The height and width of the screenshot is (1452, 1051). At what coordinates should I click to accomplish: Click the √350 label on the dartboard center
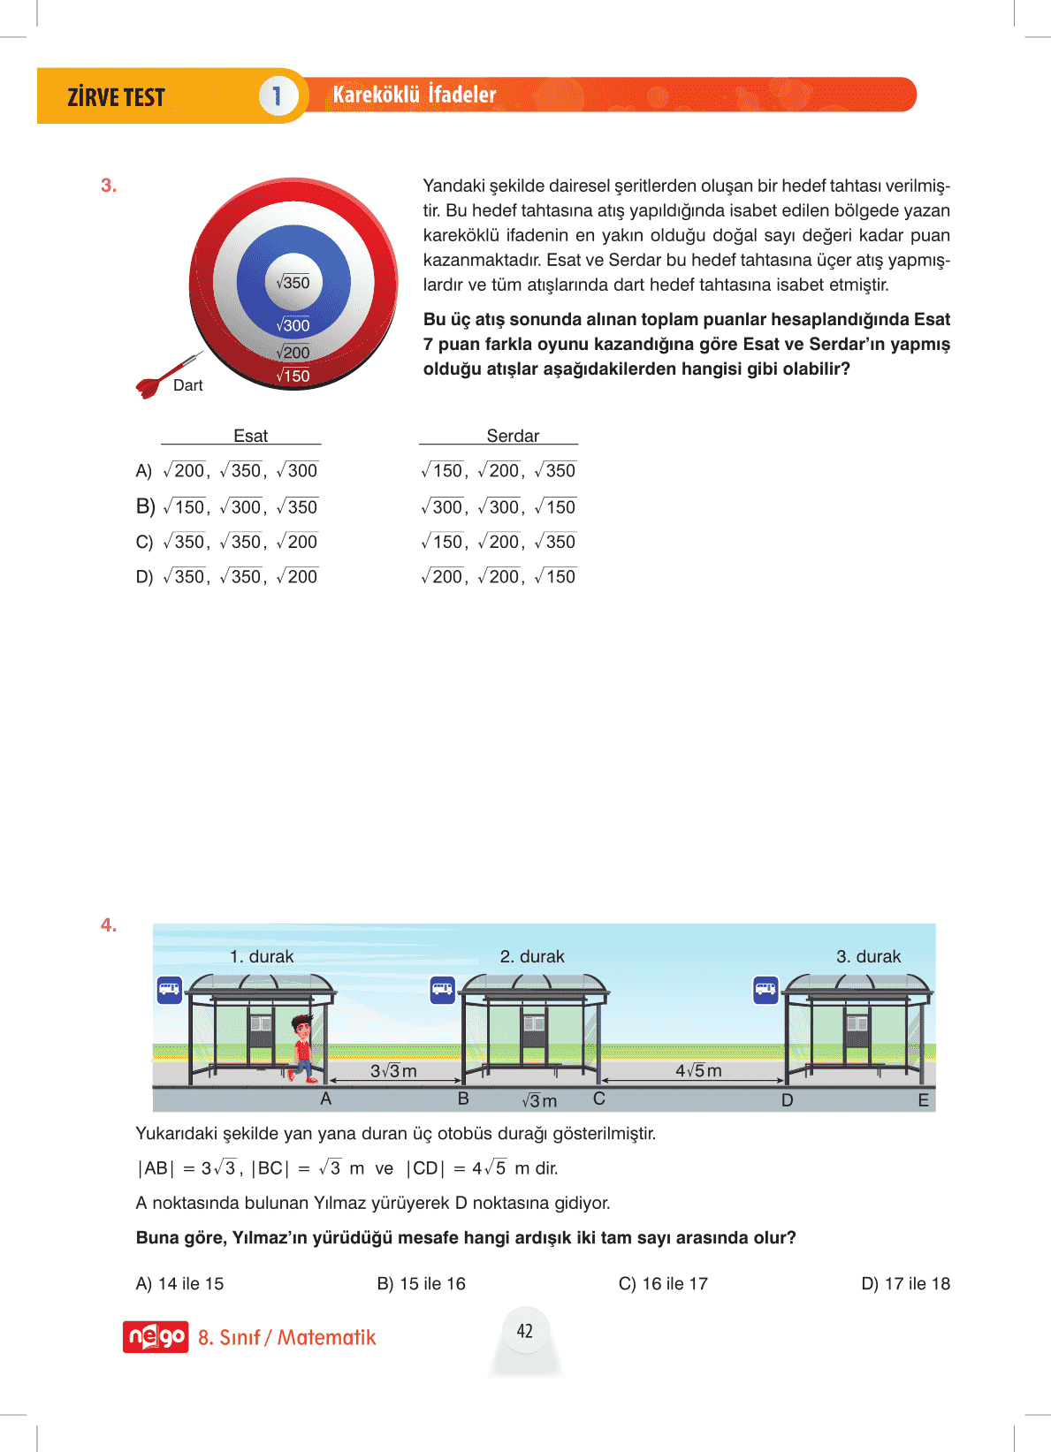293,283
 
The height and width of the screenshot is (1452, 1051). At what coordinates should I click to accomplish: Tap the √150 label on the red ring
293,376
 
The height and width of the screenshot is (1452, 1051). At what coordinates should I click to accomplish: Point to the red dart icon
159,380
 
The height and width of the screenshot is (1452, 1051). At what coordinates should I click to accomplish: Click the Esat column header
250,436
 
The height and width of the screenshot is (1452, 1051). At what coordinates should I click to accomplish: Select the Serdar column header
513,436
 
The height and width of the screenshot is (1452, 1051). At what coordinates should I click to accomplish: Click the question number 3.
109,186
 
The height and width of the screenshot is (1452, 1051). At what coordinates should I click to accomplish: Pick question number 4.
109,925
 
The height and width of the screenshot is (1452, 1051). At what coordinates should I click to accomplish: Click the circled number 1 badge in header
277,95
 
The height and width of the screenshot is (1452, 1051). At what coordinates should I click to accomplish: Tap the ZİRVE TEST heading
116,97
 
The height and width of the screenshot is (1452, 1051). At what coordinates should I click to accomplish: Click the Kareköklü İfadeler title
414,95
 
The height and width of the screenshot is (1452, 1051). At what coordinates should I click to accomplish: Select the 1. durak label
262,956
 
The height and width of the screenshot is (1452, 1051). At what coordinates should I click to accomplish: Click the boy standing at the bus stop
301,1048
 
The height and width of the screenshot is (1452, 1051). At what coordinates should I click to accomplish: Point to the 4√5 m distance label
698,1070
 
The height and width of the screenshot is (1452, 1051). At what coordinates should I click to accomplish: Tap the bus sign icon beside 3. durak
765,990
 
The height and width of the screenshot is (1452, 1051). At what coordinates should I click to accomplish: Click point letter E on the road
923,1100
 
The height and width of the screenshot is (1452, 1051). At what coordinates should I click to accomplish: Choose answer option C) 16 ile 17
663,1283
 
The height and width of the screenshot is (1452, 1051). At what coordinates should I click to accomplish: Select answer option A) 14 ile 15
179,1283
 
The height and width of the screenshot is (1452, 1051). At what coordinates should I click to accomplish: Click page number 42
525,1331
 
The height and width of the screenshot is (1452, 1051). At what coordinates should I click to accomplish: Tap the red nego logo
156,1336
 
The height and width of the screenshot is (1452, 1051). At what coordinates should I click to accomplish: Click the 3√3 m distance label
393,1070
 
